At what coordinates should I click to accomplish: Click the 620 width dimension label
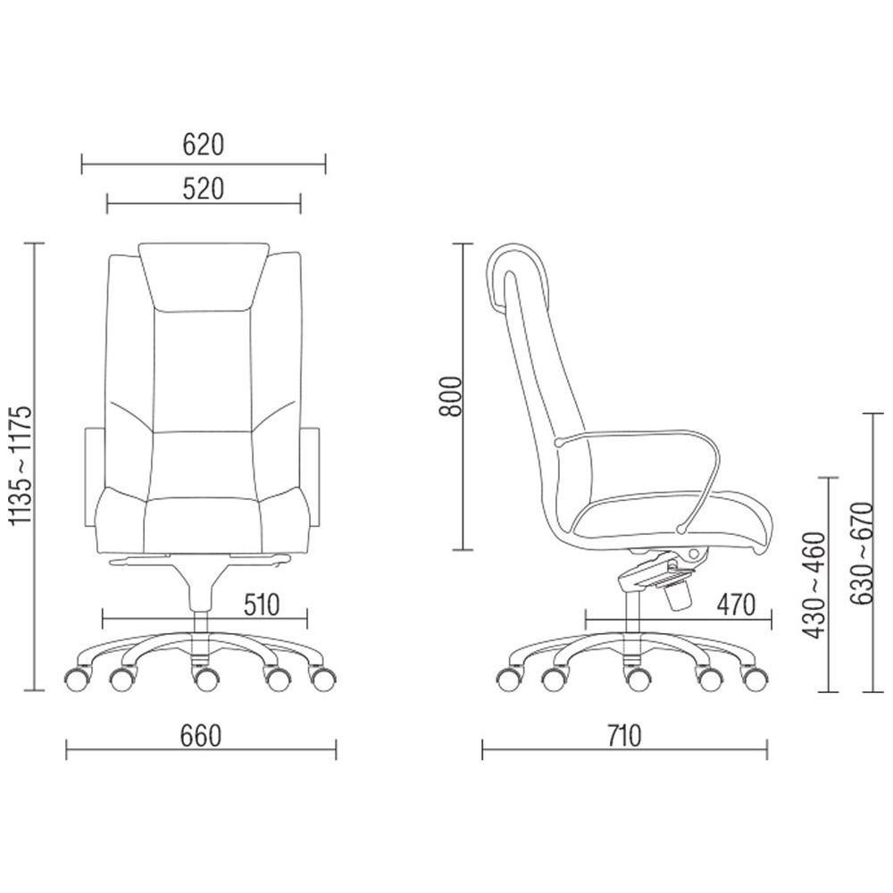tap(204, 145)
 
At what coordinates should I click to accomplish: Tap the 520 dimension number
tap(204, 189)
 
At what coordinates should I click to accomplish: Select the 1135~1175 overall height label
tap(23, 466)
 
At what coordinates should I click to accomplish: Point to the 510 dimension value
tap(262, 605)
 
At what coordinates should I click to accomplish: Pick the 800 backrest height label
tap(453, 396)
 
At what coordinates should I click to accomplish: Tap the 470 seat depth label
tap(737, 605)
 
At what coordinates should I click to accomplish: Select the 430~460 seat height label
tap(814, 585)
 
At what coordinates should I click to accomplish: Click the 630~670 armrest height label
tap(861, 553)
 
